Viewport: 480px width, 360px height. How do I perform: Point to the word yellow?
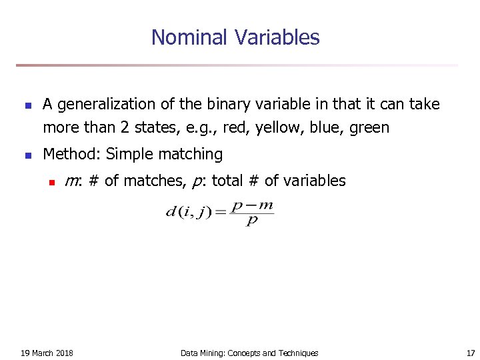[273, 128]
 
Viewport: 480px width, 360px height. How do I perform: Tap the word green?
[369, 128]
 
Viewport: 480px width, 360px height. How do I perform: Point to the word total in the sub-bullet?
[228, 181]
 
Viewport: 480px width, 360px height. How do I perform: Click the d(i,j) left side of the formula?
[187, 213]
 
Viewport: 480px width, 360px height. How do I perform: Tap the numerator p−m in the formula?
[251, 206]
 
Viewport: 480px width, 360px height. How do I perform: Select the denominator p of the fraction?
[251, 221]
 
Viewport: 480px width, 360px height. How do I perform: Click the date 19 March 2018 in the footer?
[47, 353]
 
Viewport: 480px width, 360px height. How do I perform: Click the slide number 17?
[471, 353]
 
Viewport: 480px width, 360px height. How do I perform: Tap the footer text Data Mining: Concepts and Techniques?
[249, 353]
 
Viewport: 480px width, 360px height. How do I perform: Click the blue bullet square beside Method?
[27, 155]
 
